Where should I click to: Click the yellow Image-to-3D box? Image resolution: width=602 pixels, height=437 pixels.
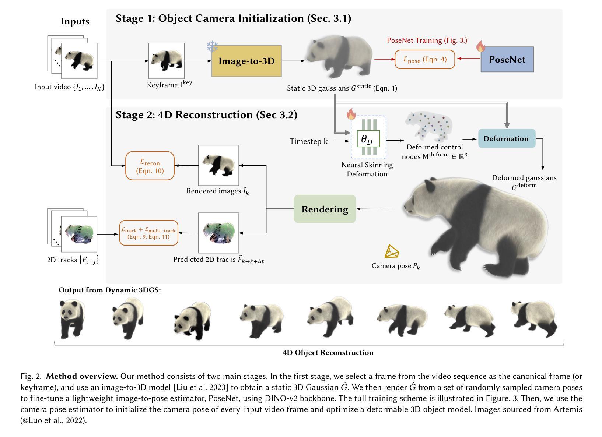pyautogui.click(x=246, y=61)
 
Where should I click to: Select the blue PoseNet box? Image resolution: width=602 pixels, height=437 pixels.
pyautogui.click(x=507, y=59)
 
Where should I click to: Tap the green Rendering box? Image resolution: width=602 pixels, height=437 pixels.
pyautogui.click(x=325, y=209)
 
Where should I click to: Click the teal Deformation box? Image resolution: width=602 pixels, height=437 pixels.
pyautogui.click(x=506, y=138)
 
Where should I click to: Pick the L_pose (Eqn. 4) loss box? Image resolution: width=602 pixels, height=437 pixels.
pyautogui.click(x=424, y=59)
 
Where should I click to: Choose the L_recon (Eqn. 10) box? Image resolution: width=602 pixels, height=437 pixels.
pyautogui.click(x=150, y=166)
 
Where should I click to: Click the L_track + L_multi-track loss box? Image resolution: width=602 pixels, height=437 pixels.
pyautogui.click(x=148, y=233)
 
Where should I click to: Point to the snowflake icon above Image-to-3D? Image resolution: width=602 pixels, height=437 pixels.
pyautogui.click(x=212, y=47)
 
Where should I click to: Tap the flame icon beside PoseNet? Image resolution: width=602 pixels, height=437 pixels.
pyautogui.click(x=480, y=46)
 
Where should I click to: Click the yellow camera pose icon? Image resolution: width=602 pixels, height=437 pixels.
pyautogui.click(x=392, y=252)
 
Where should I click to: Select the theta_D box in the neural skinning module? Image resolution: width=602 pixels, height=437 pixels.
pyautogui.click(x=368, y=139)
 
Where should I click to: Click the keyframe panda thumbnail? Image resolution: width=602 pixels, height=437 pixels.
pyautogui.click(x=166, y=61)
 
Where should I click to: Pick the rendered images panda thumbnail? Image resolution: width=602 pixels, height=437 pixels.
pyautogui.click(x=218, y=165)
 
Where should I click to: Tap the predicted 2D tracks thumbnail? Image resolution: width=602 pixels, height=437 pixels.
pyautogui.click(x=218, y=233)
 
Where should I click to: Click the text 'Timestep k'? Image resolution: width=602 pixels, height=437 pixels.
pyautogui.click(x=308, y=141)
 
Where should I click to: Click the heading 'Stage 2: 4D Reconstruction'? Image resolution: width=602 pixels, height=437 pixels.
pyautogui.click(x=206, y=115)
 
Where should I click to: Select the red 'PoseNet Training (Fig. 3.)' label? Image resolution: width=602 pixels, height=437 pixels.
pyautogui.click(x=427, y=40)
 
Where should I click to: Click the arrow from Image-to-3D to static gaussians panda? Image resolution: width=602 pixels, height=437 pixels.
pyautogui.click(x=293, y=61)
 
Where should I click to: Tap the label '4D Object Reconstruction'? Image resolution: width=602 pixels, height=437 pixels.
pyautogui.click(x=328, y=353)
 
